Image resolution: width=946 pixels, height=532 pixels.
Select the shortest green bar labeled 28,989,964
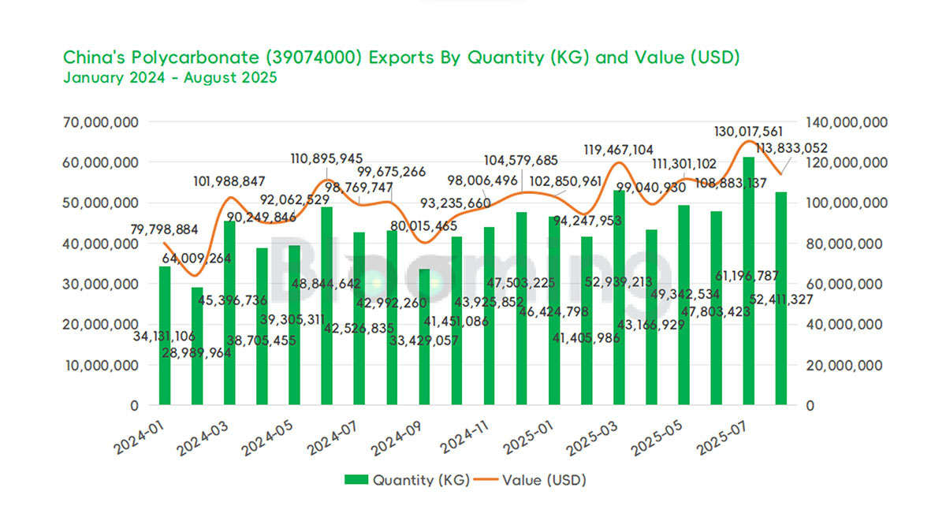197,346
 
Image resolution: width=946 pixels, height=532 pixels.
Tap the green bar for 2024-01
165,336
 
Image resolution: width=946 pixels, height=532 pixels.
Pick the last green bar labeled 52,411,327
781,299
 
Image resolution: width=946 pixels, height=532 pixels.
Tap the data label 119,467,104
618,150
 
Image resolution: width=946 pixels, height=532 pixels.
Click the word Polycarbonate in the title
199,58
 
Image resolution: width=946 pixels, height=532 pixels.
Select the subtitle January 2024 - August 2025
169,78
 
